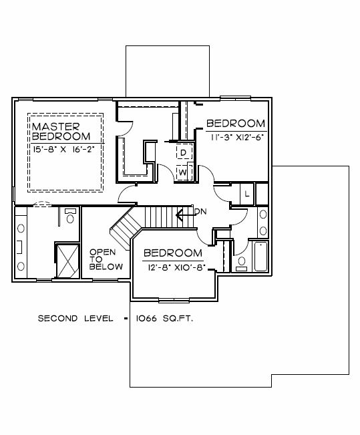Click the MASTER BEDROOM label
61,132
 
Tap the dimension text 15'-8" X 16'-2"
64,150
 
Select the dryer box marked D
184,152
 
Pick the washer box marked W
184,172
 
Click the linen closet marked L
247,194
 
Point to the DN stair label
200,212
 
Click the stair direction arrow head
179,214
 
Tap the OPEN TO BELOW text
106,259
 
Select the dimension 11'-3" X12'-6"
236,138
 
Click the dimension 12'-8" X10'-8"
177,268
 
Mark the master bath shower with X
67,261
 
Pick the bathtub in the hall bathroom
260,257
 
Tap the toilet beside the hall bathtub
242,264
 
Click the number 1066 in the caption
146,319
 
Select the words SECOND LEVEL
75,319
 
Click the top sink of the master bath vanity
21,229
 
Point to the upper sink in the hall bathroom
263,214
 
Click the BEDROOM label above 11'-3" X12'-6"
236,124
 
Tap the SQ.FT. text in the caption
178,319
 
